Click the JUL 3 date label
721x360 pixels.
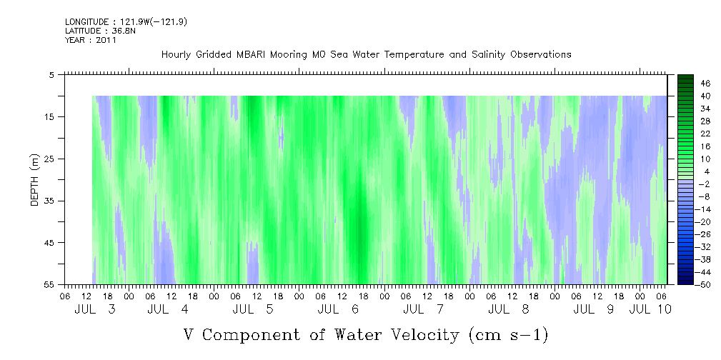(95, 309)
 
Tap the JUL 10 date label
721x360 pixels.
(650, 309)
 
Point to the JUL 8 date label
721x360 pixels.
(509, 309)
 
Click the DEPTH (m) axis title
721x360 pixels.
(35, 180)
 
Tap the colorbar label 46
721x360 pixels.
(706, 84)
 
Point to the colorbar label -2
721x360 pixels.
(703, 184)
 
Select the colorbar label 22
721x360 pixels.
(706, 134)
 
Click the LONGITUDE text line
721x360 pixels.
(126, 22)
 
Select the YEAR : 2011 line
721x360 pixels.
(91, 40)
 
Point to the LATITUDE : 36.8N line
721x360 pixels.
(100, 31)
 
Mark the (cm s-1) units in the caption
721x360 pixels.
(508, 335)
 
